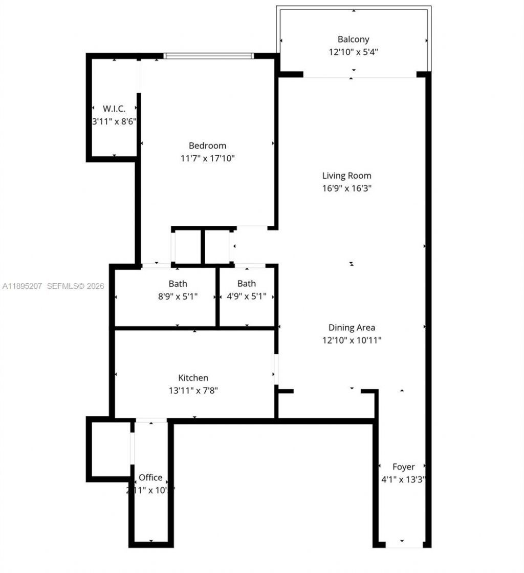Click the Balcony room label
pyautogui.click(x=353, y=39)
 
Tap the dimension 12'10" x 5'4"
pyautogui.click(x=353, y=52)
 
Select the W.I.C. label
pyautogui.click(x=114, y=109)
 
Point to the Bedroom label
pyautogui.click(x=207, y=146)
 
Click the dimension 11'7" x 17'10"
pyautogui.click(x=207, y=158)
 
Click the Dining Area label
pyautogui.click(x=352, y=328)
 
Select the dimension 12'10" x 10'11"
pyautogui.click(x=352, y=340)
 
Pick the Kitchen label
pyautogui.click(x=193, y=378)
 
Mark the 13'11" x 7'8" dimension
pyautogui.click(x=193, y=391)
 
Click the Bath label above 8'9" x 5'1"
pyautogui.click(x=178, y=284)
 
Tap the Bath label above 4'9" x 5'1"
pyautogui.click(x=246, y=284)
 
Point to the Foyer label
pyautogui.click(x=403, y=467)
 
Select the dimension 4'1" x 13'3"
pyautogui.click(x=403, y=480)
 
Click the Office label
pyautogui.click(x=150, y=478)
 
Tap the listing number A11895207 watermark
pyautogui.click(x=23, y=286)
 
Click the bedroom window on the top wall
pyautogui.click(x=208, y=56)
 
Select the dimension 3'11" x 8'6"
pyautogui.click(x=114, y=121)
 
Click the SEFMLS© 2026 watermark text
pyautogui.click(x=75, y=286)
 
